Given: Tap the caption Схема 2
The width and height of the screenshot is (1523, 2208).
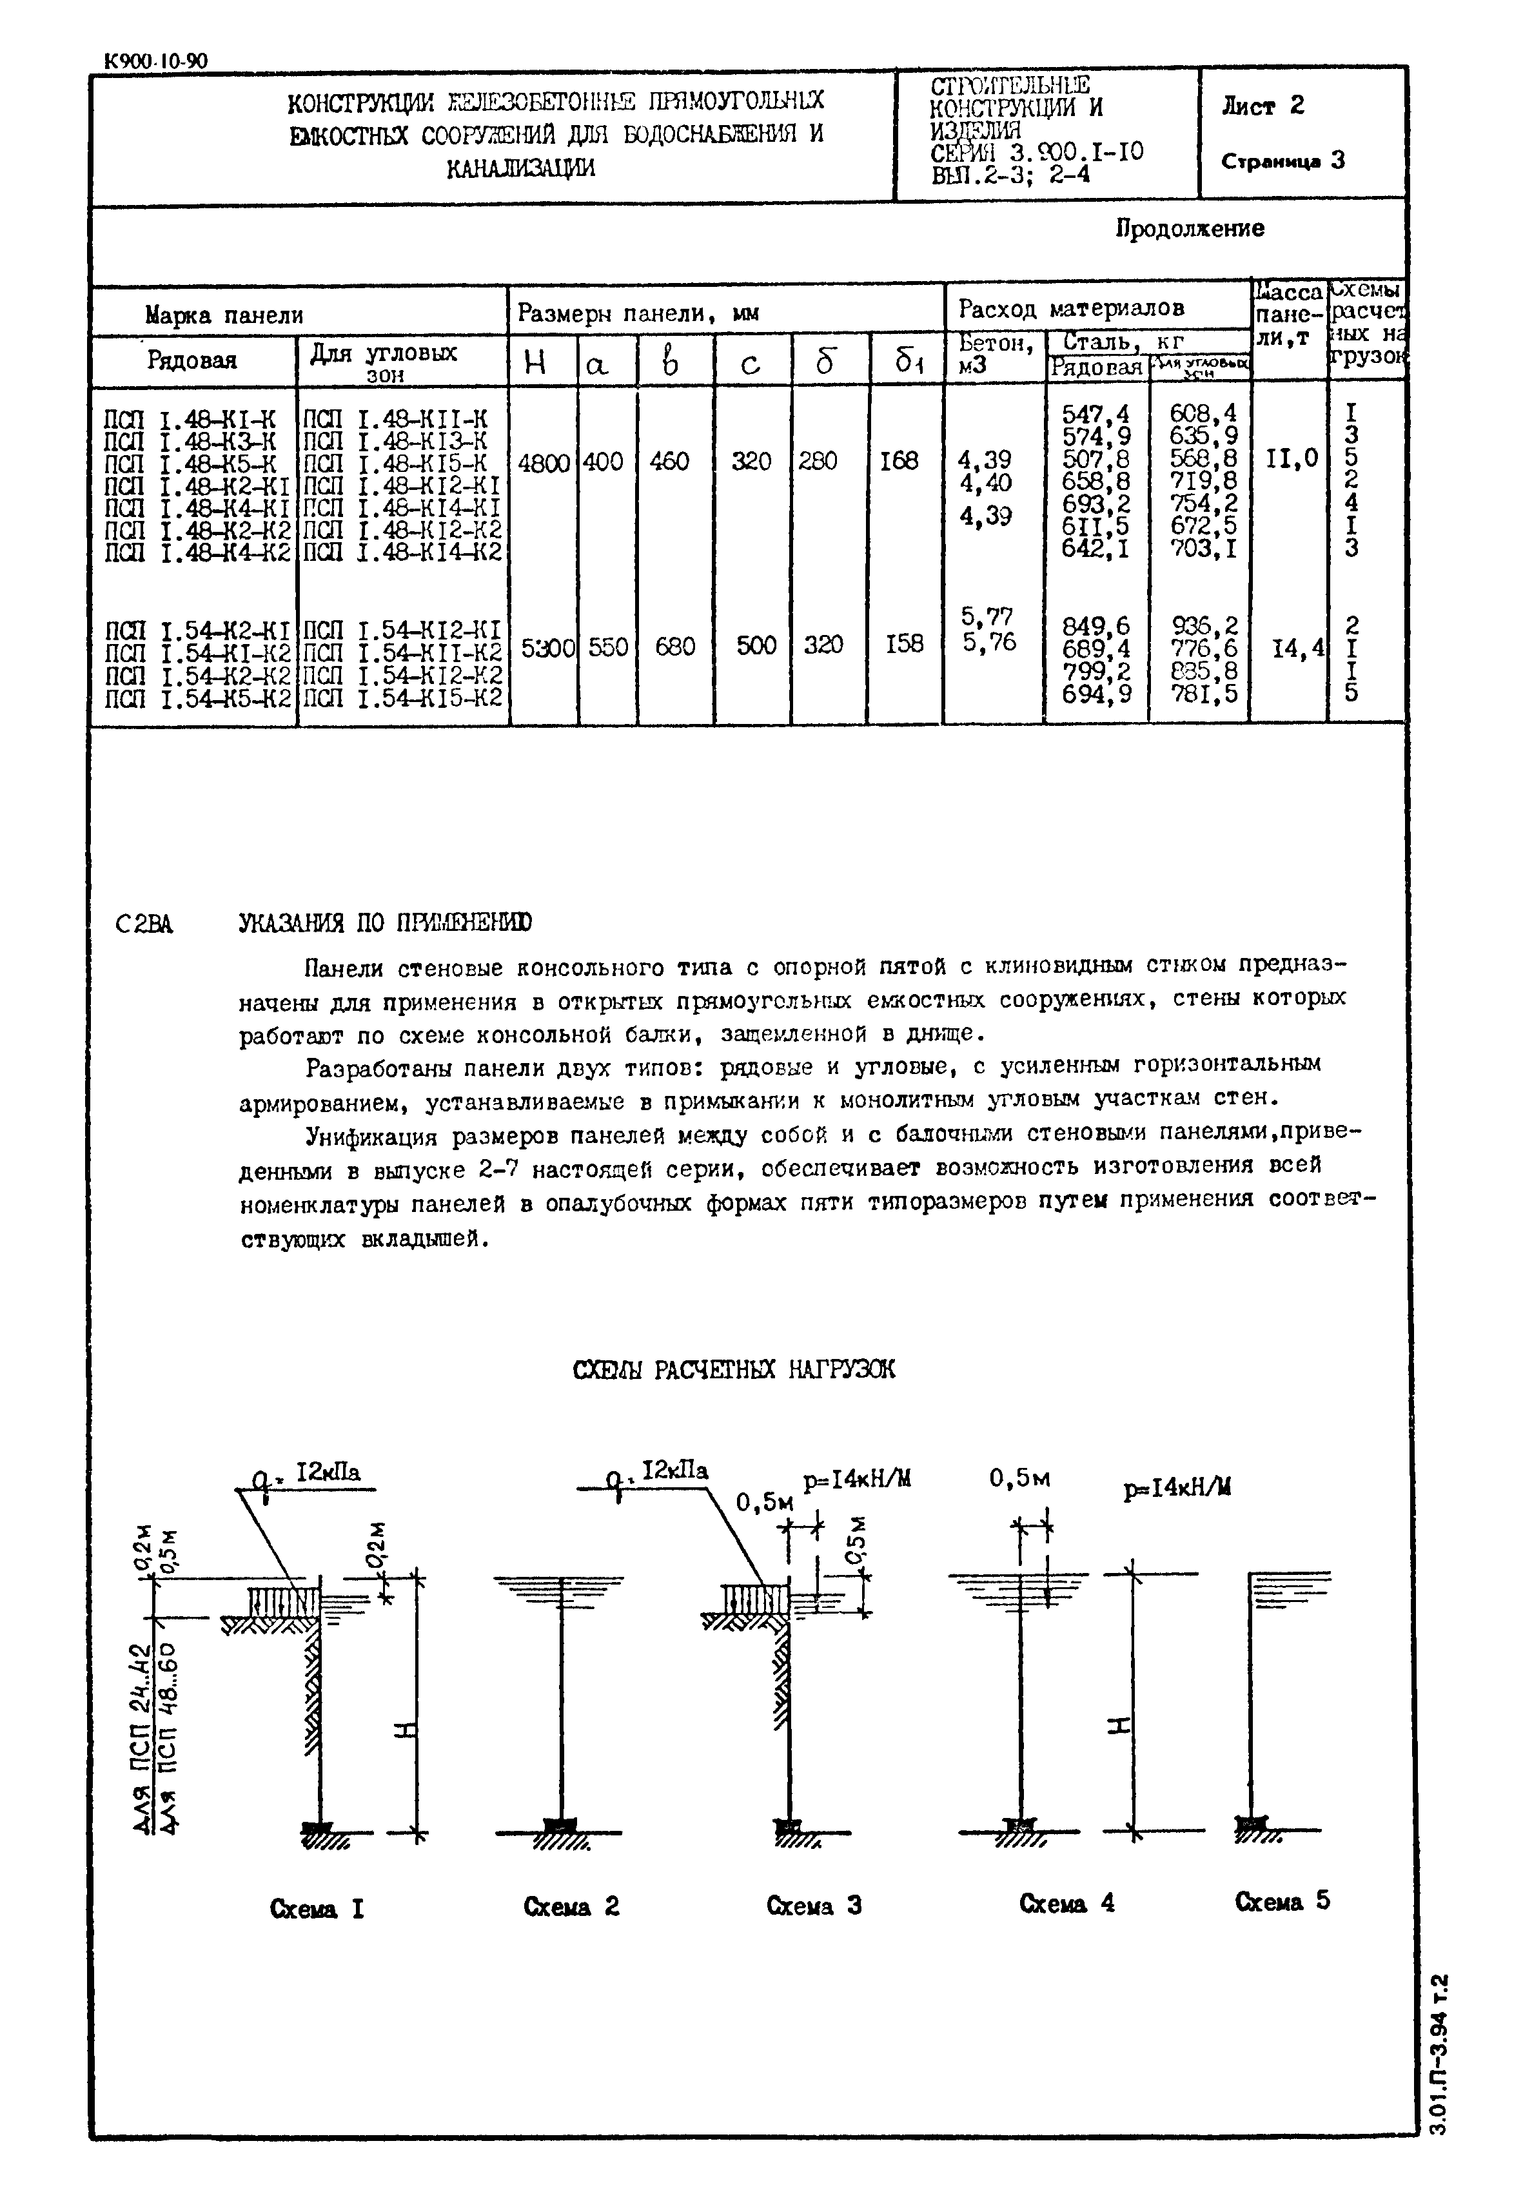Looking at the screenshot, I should [x=571, y=1906].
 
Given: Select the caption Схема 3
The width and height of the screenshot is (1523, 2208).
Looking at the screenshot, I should [x=814, y=1906].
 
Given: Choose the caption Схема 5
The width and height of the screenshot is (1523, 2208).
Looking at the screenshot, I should [x=1282, y=1900].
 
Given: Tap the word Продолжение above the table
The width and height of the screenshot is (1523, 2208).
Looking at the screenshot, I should [x=1190, y=228].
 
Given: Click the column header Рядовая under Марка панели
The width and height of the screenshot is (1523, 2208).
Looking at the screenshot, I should [x=192, y=360].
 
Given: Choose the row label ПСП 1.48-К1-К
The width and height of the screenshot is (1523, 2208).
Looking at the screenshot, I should [x=189, y=416].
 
